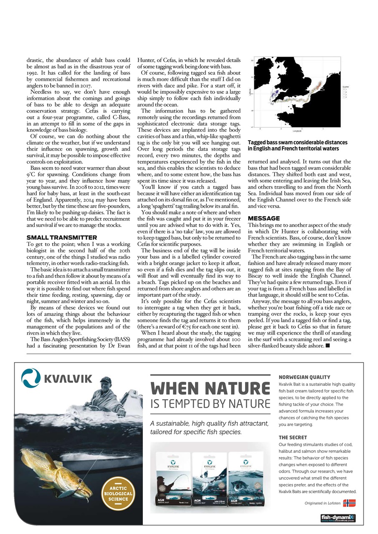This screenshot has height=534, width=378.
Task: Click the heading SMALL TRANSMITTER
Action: click(x=61, y=237)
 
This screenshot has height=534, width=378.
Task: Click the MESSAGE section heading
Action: click(x=264, y=218)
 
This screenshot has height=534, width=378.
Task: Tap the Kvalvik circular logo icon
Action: click(x=31, y=378)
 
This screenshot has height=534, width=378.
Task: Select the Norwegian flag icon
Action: click(x=349, y=503)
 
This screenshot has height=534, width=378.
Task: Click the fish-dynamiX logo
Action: click(x=338, y=518)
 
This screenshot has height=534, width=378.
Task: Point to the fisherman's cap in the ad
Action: click(x=106, y=380)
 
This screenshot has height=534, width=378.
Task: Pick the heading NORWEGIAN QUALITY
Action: click(x=304, y=377)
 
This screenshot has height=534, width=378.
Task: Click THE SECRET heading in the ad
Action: click(x=293, y=438)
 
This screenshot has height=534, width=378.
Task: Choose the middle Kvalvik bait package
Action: click(x=209, y=478)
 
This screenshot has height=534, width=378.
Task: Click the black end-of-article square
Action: click(x=327, y=346)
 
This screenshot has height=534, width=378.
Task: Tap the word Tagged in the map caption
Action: click(x=258, y=142)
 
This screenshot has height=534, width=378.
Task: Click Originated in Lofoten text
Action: click(x=322, y=503)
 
